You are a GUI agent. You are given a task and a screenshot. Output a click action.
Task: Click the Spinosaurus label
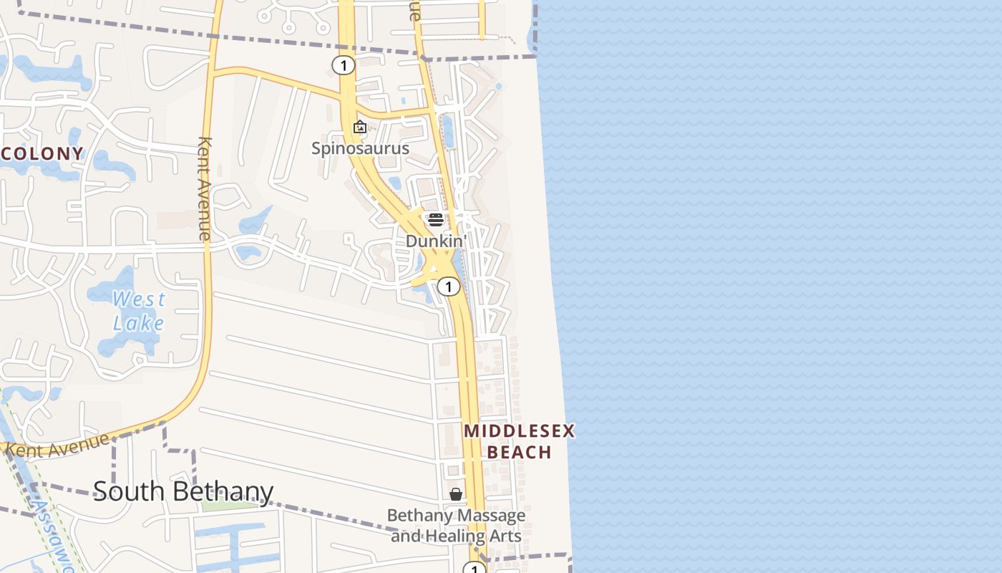(360, 148)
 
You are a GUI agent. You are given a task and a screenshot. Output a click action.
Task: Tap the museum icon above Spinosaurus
(360, 127)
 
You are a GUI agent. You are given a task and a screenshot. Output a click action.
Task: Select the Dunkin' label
(435, 241)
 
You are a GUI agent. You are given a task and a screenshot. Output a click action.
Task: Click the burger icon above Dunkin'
(435, 219)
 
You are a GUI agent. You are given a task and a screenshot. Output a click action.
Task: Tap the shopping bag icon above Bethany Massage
(456, 494)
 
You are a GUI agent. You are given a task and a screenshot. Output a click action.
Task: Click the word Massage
(491, 516)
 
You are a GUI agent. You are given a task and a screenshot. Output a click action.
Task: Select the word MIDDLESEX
(520, 431)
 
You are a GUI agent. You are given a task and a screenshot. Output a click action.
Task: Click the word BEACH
(520, 452)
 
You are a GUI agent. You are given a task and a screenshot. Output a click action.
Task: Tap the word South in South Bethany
(128, 491)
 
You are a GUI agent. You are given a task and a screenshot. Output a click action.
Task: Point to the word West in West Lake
(139, 299)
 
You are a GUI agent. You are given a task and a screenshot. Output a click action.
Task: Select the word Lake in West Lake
(139, 323)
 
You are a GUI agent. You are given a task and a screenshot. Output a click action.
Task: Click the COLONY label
(43, 153)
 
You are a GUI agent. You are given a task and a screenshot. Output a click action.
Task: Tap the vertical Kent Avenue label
(205, 188)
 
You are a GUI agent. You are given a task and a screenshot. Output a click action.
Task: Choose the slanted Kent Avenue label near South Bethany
(59, 445)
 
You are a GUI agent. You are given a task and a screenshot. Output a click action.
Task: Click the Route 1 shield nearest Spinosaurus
(344, 66)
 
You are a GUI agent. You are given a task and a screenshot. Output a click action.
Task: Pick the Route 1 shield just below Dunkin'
(448, 287)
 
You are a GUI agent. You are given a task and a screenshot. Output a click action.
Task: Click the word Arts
(506, 536)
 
